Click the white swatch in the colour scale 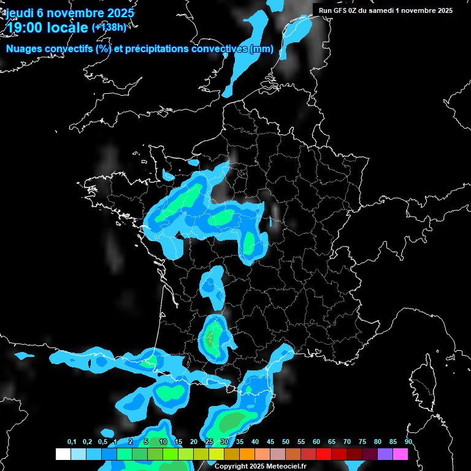tap(63, 454)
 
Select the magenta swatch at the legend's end tap(400, 454)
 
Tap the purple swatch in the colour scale tap(385, 454)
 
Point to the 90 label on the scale tap(408, 442)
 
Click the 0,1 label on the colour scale tap(72, 442)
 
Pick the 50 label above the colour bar tap(286, 442)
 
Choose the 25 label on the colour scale tap(209, 442)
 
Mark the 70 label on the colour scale tap(347, 442)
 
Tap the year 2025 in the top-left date tap(116, 13)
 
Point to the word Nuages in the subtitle tap(24, 49)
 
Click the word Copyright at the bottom tap(231, 466)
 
